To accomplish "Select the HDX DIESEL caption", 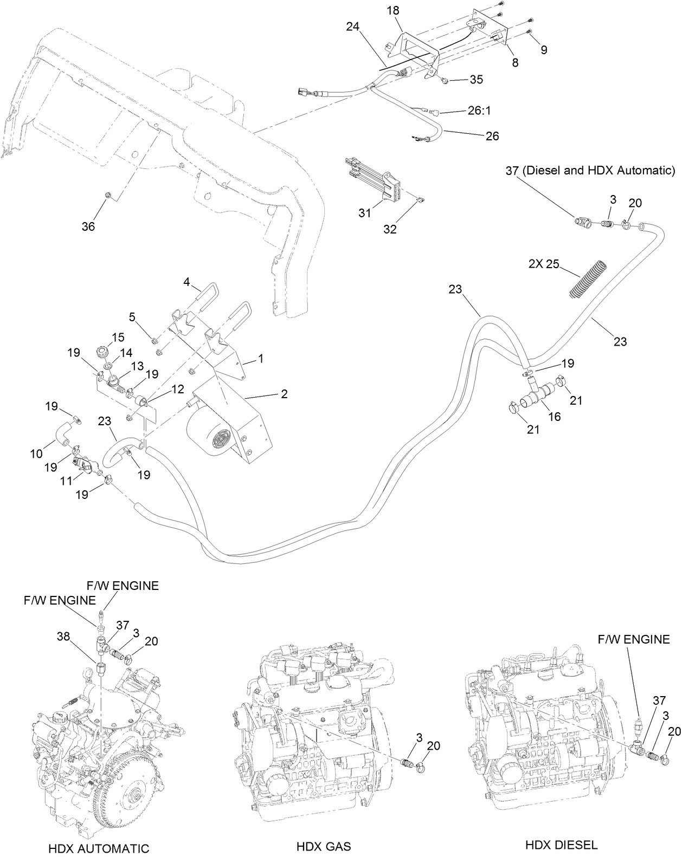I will (561, 845).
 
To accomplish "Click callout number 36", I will (88, 226).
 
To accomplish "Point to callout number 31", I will (365, 213).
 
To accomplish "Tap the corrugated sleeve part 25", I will (589, 278).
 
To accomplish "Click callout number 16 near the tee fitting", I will (555, 417).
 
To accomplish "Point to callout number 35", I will (475, 80).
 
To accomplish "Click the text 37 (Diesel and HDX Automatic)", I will (591, 171).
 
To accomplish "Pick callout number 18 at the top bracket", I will (393, 11).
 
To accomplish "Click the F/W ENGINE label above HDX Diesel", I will (634, 639).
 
